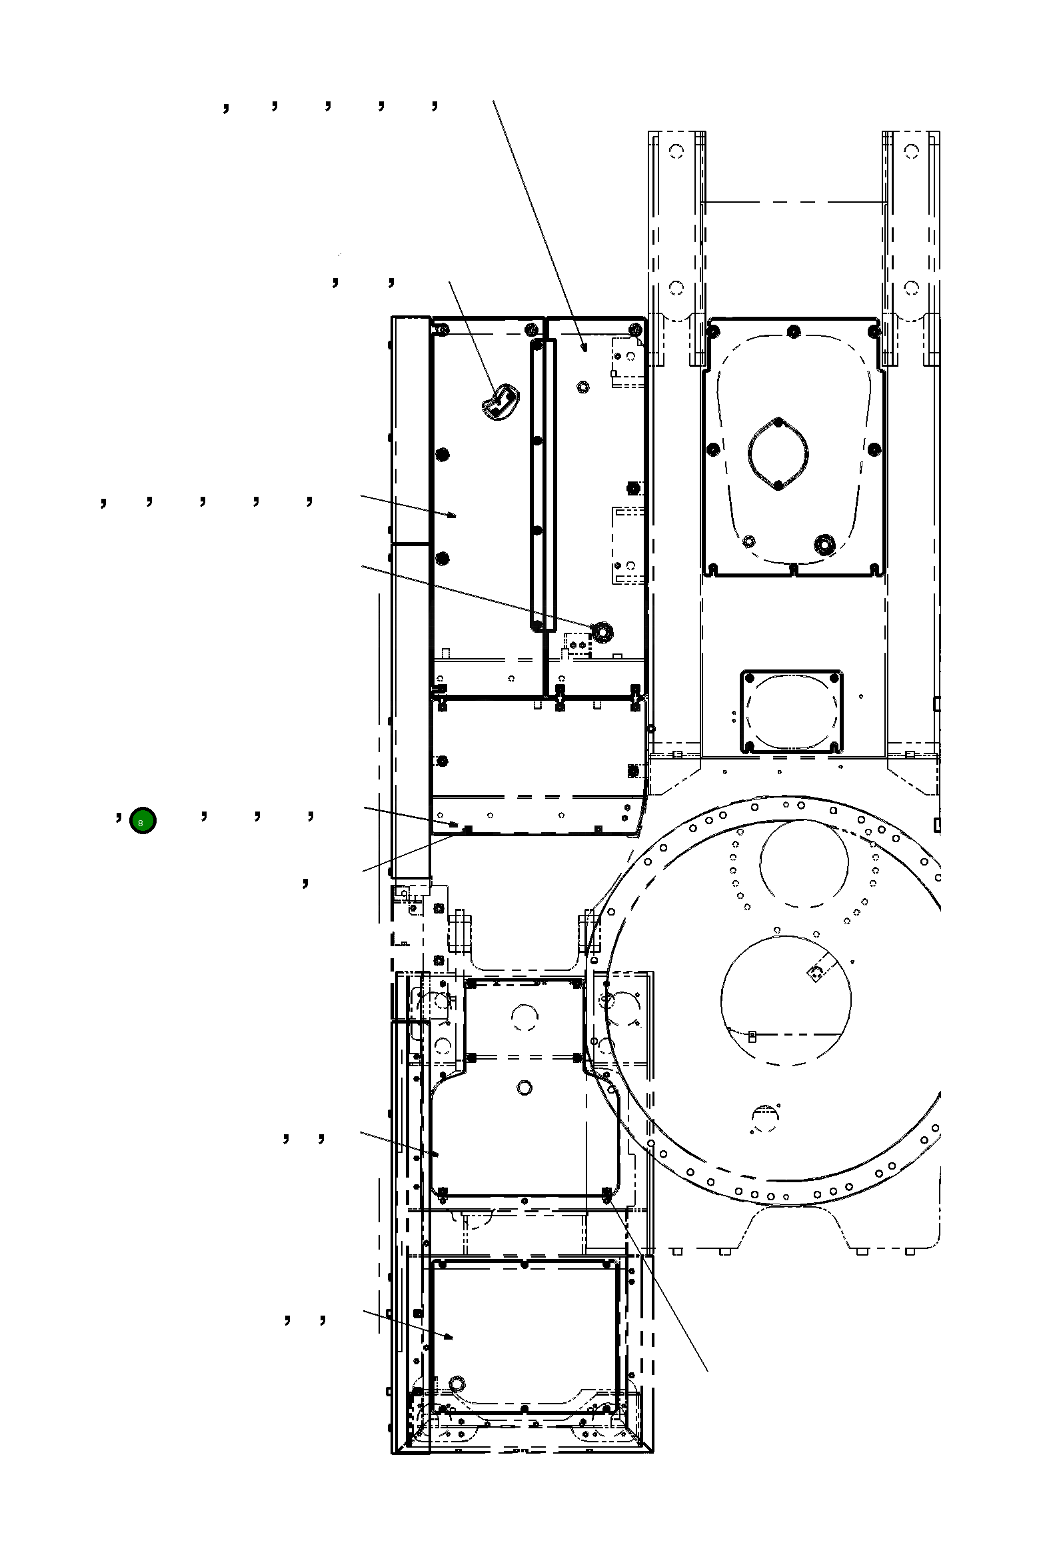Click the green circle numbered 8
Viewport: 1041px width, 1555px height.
pos(143,821)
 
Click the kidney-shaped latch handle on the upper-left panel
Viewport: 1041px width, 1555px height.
pos(499,402)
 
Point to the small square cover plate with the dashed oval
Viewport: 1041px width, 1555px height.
pos(792,711)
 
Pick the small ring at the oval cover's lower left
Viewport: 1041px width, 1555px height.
pos(748,541)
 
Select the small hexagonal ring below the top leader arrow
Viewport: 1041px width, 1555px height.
pos(583,386)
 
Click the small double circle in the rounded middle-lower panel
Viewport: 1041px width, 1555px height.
pos(524,1088)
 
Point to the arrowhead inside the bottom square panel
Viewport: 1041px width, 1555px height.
pos(451,1337)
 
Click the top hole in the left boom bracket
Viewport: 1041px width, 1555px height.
pos(676,151)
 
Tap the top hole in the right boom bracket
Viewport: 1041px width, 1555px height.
pos(912,151)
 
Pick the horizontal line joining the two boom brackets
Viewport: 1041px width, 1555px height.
pos(793,201)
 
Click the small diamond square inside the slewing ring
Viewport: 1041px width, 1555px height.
pos(814,974)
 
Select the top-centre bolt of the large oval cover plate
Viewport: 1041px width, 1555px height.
pos(792,331)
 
